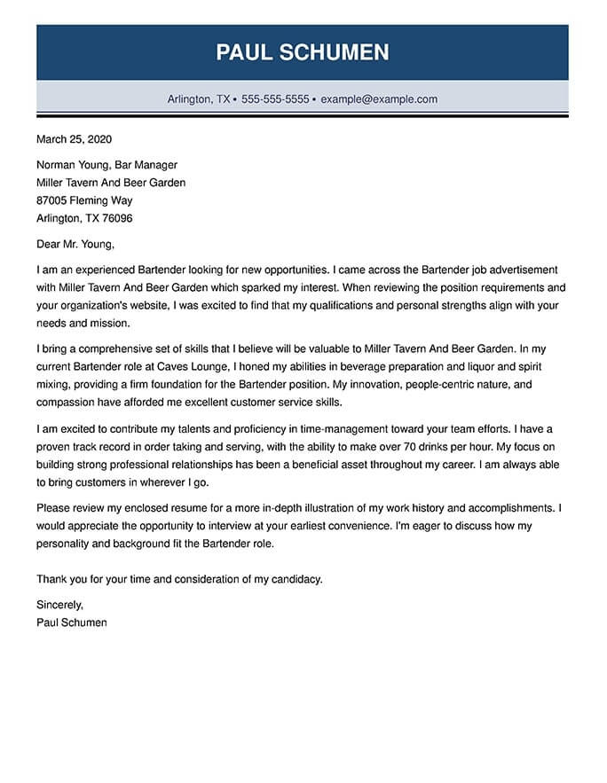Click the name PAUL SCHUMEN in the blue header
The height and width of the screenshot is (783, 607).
click(x=302, y=52)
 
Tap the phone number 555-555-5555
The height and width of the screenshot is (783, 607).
click(x=275, y=99)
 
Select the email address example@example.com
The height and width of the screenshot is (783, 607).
click(x=379, y=99)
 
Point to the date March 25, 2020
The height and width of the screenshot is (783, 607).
click(x=74, y=139)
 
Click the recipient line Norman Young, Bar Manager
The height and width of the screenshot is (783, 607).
click(x=106, y=165)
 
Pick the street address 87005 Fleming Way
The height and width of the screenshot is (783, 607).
click(x=84, y=200)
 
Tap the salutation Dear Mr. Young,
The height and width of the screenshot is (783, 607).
click(x=75, y=244)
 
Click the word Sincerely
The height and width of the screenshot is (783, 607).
click(x=59, y=605)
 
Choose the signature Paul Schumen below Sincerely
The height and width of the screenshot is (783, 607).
click(x=72, y=622)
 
